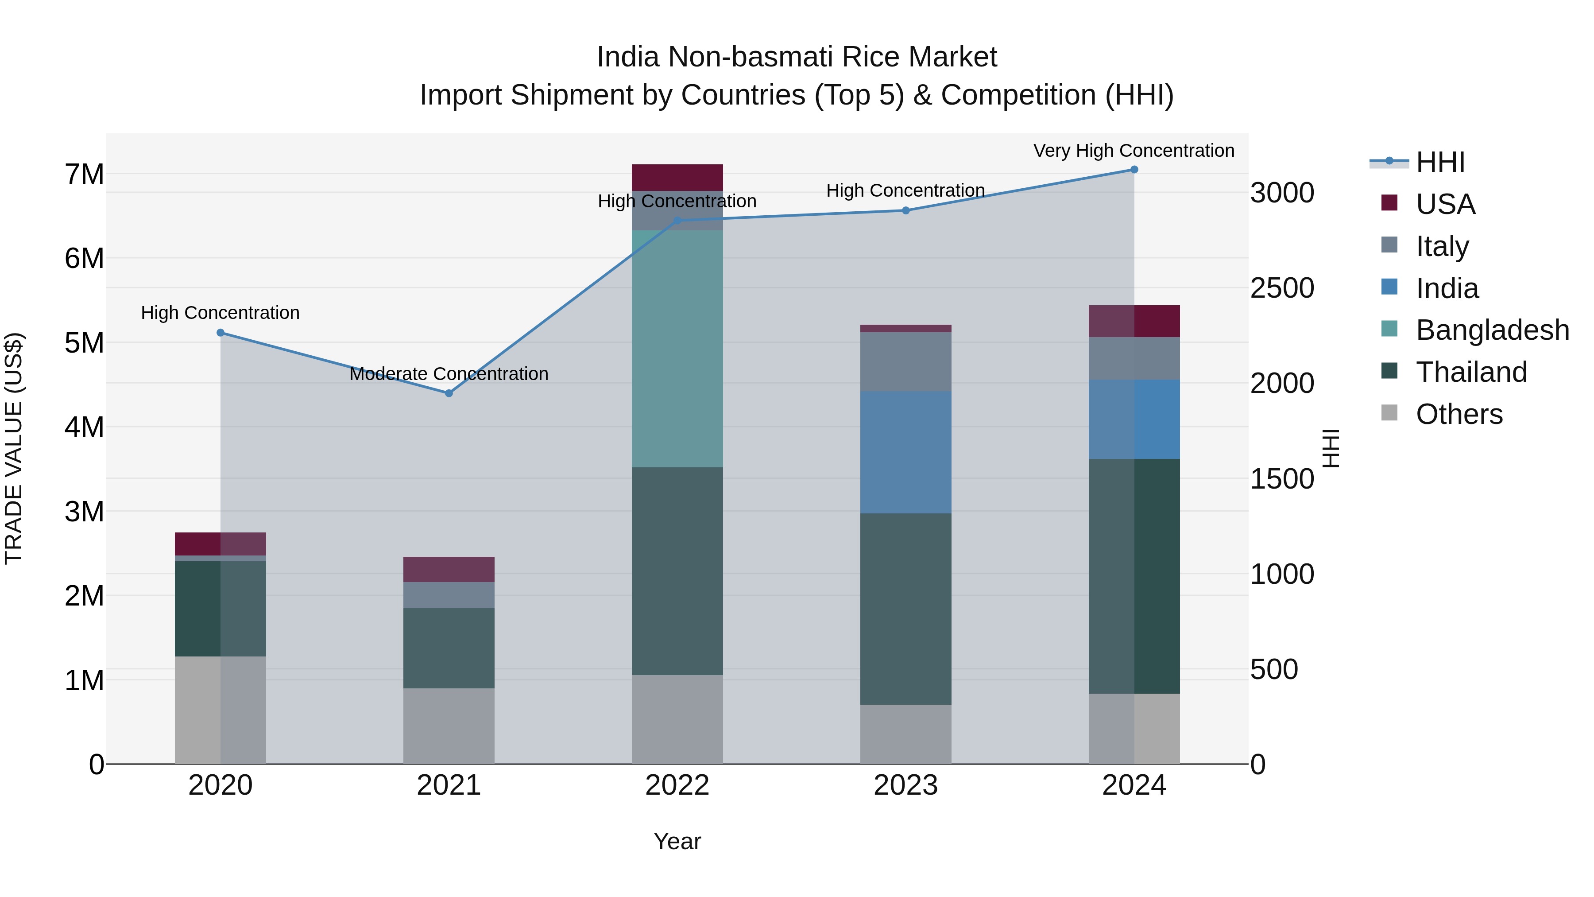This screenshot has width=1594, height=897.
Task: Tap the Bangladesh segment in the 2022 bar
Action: (677, 349)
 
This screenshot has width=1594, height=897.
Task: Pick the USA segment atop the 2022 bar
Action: (677, 178)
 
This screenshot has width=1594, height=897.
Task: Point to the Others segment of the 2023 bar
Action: (905, 734)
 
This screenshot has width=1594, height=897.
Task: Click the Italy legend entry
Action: (1442, 246)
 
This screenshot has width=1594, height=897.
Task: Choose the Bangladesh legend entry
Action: (1491, 330)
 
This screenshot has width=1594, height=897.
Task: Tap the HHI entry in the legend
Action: (1439, 162)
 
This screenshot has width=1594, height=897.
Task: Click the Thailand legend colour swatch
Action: (1389, 372)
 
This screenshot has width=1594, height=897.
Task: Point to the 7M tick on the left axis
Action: (84, 175)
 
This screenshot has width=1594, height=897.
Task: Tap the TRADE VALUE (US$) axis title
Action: (14, 448)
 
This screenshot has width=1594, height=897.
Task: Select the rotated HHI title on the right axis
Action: (1331, 448)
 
